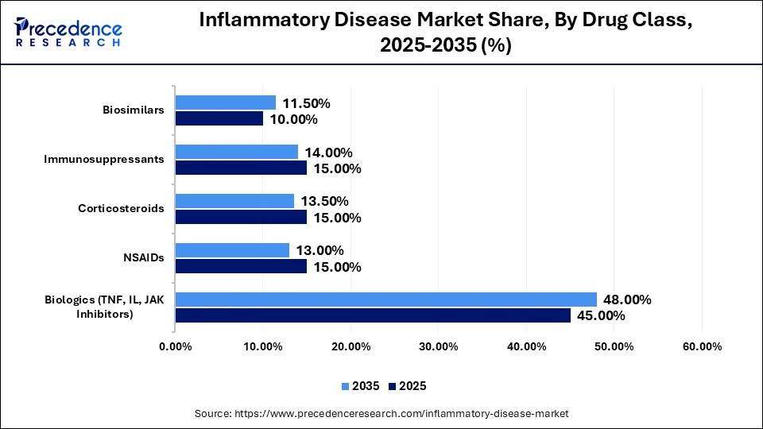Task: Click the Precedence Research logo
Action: pos(68,33)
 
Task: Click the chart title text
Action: pos(445,33)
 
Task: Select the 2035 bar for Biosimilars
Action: pos(226,102)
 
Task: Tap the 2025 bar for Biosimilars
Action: pos(219,119)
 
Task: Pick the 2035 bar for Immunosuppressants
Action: pos(237,152)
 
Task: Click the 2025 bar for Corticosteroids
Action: pos(241,217)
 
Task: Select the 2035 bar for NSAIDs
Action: pos(232,250)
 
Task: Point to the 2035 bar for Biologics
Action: pos(385,300)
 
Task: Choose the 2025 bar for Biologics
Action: pos(373,315)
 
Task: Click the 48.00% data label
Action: pos(627,300)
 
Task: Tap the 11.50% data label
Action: pos(306,102)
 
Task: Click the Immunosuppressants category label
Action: pos(104,159)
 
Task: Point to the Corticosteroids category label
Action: pos(121,208)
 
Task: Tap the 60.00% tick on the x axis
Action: pos(702,346)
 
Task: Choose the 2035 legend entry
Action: pos(362,386)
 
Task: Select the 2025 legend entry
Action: pos(407,386)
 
